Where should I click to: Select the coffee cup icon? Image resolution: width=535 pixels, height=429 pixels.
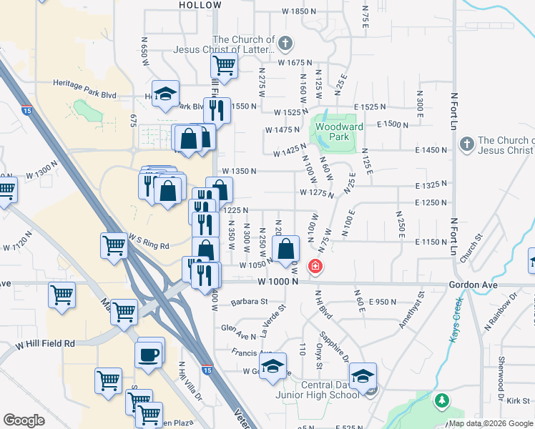click(149, 355)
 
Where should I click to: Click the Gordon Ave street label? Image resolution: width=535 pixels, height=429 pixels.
click(469, 284)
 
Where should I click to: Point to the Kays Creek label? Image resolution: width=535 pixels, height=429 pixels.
click(456, 320)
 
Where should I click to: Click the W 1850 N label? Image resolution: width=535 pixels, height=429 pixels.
click(299, 11)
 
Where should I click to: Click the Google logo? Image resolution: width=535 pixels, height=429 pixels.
click(24, 420)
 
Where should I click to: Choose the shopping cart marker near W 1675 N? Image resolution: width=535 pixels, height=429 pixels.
click(224, 66)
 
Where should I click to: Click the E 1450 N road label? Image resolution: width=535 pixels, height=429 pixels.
click(430, 150)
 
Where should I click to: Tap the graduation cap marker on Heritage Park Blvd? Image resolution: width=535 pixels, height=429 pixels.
click(166, 93)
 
